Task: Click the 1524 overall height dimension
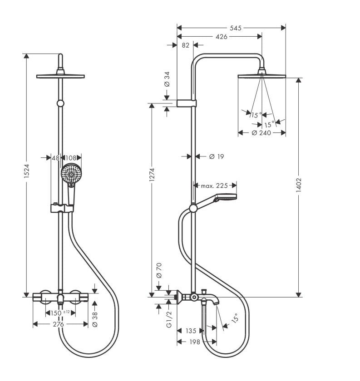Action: click(x=26, y=171)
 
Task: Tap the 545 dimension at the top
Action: click(x=236, y=28)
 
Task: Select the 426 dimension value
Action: click(x=222, y=36)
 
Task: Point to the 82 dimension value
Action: click(x=185, y=45)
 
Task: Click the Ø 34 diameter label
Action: click(x=167, y=79)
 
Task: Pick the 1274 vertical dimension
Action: click(x=152, y=175)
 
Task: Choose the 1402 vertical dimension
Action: click(x=299, y=185)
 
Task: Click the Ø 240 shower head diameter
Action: click(x=261, y=132)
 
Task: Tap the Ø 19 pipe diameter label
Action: click(x=217, y=156)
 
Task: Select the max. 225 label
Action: click(x=214, y=186)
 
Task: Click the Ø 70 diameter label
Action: click(x=159, y=270)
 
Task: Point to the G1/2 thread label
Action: click(x=169, y=319)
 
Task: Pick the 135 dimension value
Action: click(x=191, y=331)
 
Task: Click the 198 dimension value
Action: click(x=195, y=342)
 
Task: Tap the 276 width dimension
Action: click(x=59, y=324)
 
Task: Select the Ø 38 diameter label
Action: click(x=95, y=319)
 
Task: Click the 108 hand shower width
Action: click(x=71, y=158)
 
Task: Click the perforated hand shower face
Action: click(x=71, y=174)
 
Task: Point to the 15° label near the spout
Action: click(x=235, y=318)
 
